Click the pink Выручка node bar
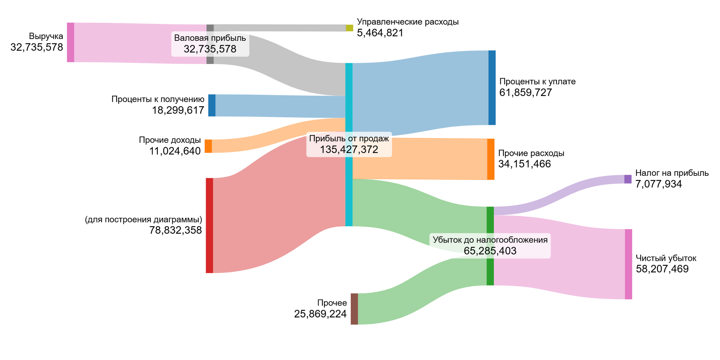coord(71,42)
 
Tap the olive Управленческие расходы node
coord(349,28)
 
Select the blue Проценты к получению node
coord(212,105)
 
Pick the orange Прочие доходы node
coord(208,146)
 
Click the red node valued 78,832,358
coord(209,225)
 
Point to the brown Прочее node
coord(354,309)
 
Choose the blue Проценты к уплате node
coord(492,88)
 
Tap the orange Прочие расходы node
coord(491,159)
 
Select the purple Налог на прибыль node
coord(628,179)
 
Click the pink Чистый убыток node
coord(628,264)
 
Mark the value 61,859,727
coord(526,93)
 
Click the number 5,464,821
coord(380,33)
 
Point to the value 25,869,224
coord(320,314)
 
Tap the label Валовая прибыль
coord(210,38)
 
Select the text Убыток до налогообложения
coord(490,240)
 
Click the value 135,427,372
coord(349,150)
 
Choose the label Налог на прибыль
coord(672,173)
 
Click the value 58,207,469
coord(662,269)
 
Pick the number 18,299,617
coord(178,110)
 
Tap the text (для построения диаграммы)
coord(143,220)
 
